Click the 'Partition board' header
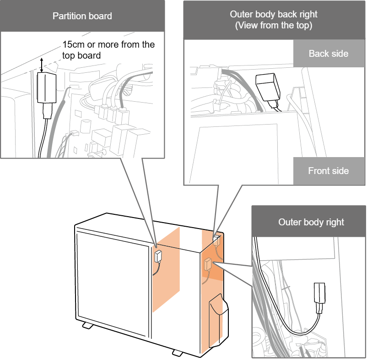[82, 16]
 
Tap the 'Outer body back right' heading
[274, 14]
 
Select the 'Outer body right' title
[311, 223]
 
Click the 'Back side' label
[328, 54]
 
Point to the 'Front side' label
[328, 171]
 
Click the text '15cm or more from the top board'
[108, 50]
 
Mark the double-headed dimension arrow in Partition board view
[43, 65]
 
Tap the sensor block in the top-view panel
[267, 87]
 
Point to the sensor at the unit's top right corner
[216, 238]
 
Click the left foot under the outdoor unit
[87, 326]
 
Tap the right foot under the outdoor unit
[177, 353]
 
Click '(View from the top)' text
[274, 26]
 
